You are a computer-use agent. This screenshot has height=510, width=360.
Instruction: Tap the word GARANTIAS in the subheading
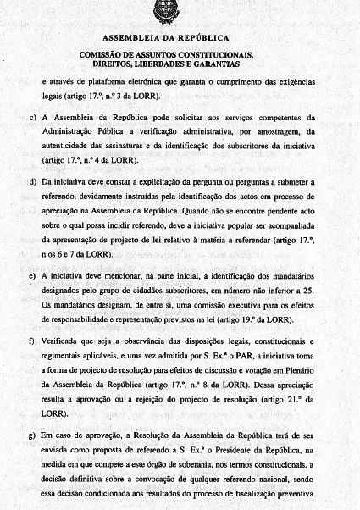pos(215,64)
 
